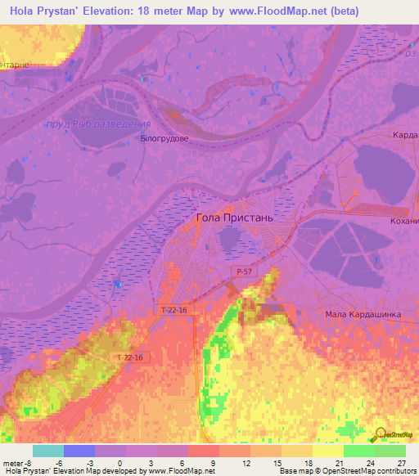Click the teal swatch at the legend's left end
[48, 451]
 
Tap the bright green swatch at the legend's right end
[390, 451]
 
